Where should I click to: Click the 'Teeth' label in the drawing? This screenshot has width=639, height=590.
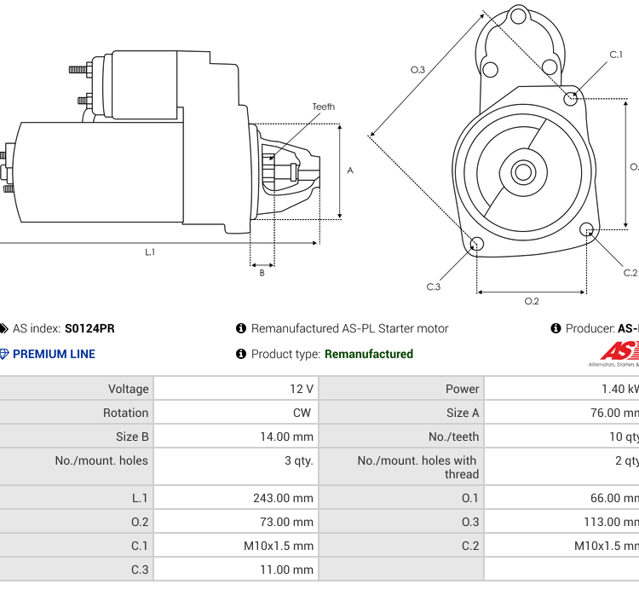coord(323,107)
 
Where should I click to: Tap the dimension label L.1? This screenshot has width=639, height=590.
coord(150,252)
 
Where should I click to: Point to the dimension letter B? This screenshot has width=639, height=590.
coord(262,273)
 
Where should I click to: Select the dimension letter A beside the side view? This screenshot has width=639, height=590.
coord(350,170)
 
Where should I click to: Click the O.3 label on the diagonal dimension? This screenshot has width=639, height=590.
coord(417,69)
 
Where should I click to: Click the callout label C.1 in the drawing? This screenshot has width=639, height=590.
coord(615,55)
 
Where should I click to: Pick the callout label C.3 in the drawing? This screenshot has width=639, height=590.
coord(434,286)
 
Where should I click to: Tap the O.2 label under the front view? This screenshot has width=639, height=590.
coord(531,300)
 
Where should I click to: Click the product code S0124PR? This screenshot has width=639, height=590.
coord(89,328)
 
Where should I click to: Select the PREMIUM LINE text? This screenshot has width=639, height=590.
coord(54,354)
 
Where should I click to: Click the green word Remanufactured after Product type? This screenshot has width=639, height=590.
coord(368,354)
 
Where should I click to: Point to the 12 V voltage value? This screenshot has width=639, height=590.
coord(301,389)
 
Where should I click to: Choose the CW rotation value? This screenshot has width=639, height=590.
coord(302,413)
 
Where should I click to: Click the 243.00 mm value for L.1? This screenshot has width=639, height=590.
coord(283,498)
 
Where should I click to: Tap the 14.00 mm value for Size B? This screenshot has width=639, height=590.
coord(286,437)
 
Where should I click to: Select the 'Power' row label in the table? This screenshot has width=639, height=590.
coord(462,389)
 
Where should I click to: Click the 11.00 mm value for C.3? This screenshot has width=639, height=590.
coord(286,570)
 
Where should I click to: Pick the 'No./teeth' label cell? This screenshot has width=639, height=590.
coord(454,437)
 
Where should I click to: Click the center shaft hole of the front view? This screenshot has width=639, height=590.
coord(521,171)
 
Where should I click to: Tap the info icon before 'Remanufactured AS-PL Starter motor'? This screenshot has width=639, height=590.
coord(241,328)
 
